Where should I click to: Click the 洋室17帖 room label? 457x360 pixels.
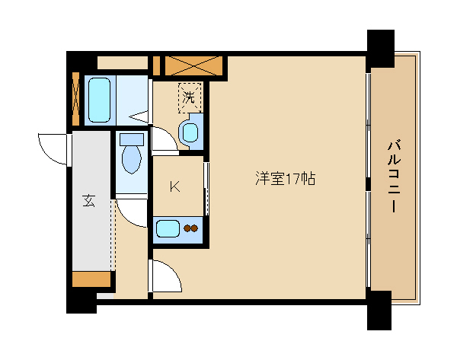coord(285,180)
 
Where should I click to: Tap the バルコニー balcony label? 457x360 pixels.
coord(394,176)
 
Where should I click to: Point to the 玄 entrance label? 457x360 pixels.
coord(88,201)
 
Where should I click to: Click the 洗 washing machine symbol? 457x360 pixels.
coord(189,97)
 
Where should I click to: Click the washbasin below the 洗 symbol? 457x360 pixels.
coord(190,130)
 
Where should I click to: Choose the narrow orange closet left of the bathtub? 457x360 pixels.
coord(75,99)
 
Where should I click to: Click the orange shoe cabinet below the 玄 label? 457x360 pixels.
coord(91,279)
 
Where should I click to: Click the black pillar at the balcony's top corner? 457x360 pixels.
coord(381,50)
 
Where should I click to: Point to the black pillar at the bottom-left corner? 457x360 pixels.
coord(81,301)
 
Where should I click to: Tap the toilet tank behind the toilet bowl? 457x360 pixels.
coord(133,140)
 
